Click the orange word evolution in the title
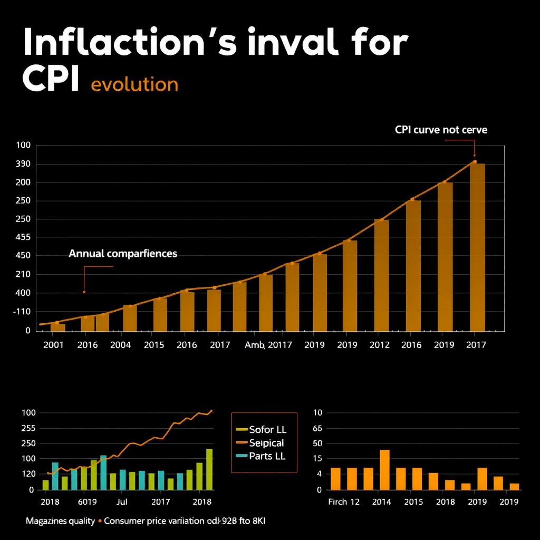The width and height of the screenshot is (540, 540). point(134,84)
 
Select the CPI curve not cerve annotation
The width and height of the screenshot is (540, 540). point(441,130)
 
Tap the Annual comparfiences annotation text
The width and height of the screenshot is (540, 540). point(123,254)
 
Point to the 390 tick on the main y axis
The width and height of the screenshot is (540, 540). point(23,164)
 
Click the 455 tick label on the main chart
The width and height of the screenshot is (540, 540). point(23,237)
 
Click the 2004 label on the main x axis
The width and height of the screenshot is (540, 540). point(121,345)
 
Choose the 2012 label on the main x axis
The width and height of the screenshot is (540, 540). point(379,345)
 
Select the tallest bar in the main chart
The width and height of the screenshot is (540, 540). point(477,247)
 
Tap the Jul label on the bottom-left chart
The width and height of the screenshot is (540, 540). point(122,502)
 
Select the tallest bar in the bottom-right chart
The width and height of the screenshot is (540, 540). point(384,469)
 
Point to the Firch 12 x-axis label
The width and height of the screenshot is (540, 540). point(343,502)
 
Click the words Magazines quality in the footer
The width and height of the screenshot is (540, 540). point(60,521)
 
